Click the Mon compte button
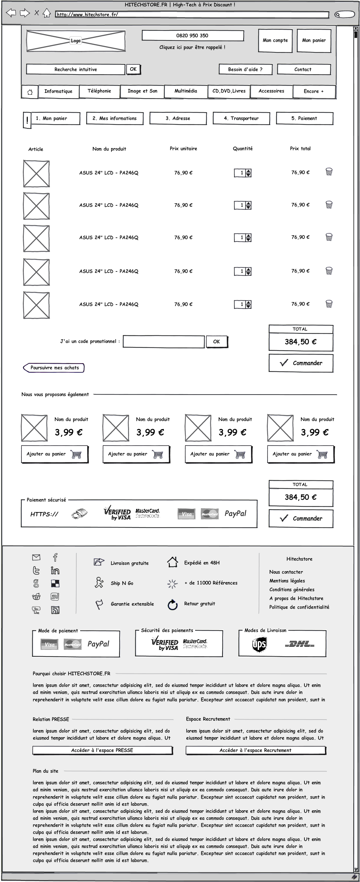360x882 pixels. [275, 41]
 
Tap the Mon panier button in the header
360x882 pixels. [314, 41]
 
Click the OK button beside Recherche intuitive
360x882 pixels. [133, 69]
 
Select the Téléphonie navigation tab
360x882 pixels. [99, 91]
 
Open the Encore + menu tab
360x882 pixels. [314, 91]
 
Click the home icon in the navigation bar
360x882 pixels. [30, 92]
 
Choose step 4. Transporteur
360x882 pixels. [241, 119]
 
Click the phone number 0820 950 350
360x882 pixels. [192, 36]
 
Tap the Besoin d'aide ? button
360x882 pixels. [245, 69]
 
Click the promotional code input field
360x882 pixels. [163, 341]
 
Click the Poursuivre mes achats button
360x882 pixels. [54, 368]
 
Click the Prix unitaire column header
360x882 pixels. [183, 149]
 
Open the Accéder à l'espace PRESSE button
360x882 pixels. [102, 750]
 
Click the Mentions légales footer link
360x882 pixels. [287, 581]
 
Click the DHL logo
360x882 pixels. [300, 644]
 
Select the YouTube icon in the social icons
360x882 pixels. [36, 610]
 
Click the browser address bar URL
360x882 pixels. [192, 15]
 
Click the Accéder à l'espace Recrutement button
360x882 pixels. [256, 750]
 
